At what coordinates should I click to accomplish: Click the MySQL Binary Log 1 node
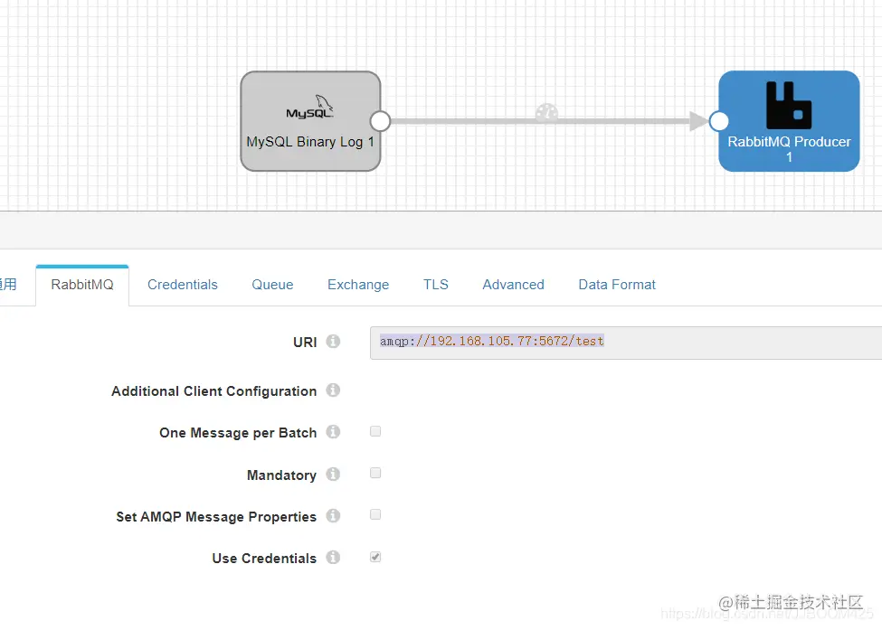tap(309, 121)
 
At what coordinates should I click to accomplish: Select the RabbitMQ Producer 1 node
tap(789, 121)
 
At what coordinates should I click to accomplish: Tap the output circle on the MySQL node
tap(380, 121)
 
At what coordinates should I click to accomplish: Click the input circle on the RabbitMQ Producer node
tap(719, 121)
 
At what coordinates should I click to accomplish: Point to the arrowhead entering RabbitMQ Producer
tap(699, 121)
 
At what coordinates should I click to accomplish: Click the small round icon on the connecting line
tap(546, 113)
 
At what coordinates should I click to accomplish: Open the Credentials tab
tap(183, 284)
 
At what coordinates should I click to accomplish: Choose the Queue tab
tap(272, 284)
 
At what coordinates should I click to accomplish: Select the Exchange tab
tap(358, 284)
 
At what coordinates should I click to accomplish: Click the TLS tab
tap(436, 284)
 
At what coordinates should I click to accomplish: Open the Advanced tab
tap(513, 284)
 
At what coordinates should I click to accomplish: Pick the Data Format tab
tap(617, 284)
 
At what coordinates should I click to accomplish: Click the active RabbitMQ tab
tap(82, 284)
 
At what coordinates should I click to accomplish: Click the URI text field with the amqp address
tap(624, 342)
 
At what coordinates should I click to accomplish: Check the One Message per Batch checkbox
tap(375, 431)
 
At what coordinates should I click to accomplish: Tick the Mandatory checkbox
tap(375, 473)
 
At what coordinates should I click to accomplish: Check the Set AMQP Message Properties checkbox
tap(375, 514)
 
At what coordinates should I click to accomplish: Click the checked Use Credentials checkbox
tap(375, 557)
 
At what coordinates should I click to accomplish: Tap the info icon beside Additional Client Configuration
tap(333, 390)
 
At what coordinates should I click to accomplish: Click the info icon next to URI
tap(333, 342)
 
